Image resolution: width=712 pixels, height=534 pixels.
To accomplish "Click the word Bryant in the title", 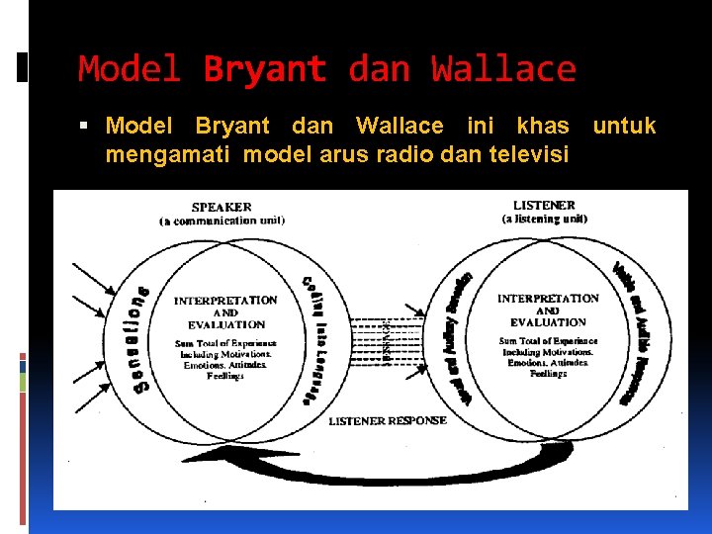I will (264, 69).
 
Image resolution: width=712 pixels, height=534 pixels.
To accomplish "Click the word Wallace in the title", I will (503, 69).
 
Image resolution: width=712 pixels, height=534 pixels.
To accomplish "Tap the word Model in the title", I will (130, 69).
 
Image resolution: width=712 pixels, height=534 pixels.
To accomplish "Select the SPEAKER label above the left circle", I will (222, 207).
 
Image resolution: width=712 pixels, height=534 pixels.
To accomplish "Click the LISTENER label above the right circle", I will (544, 205).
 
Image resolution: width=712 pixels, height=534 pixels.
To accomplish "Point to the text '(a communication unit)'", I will (222, 222).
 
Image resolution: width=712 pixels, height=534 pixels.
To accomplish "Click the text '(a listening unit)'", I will (545, 219).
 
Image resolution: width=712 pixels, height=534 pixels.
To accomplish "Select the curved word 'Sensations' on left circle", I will (135, 341).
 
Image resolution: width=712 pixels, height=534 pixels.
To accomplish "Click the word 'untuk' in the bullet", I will (624, 127).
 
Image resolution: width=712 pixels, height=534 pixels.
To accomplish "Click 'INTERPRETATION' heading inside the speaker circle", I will (225, 300).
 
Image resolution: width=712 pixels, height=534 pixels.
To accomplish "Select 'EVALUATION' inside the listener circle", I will (548, 322).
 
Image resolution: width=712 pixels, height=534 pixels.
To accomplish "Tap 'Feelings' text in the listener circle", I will (548, 374).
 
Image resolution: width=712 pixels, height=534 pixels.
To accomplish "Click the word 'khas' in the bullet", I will (543, 127).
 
